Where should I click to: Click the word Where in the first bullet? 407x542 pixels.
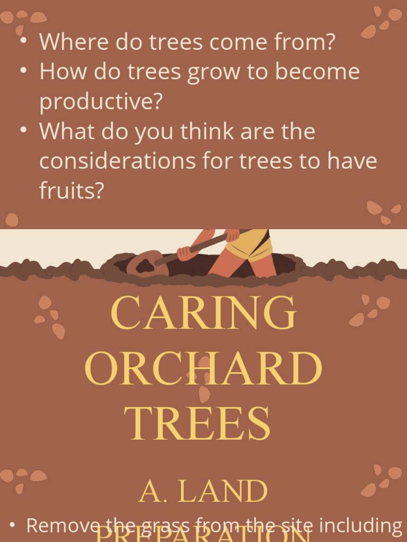tap(65, 42)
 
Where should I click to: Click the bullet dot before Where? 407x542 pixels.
tap(23, 41)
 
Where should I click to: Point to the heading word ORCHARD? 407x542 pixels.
tap(203, 369)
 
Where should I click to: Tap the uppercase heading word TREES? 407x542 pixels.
tap(197, 424)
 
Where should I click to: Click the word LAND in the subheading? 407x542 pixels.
tap(223, 492)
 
